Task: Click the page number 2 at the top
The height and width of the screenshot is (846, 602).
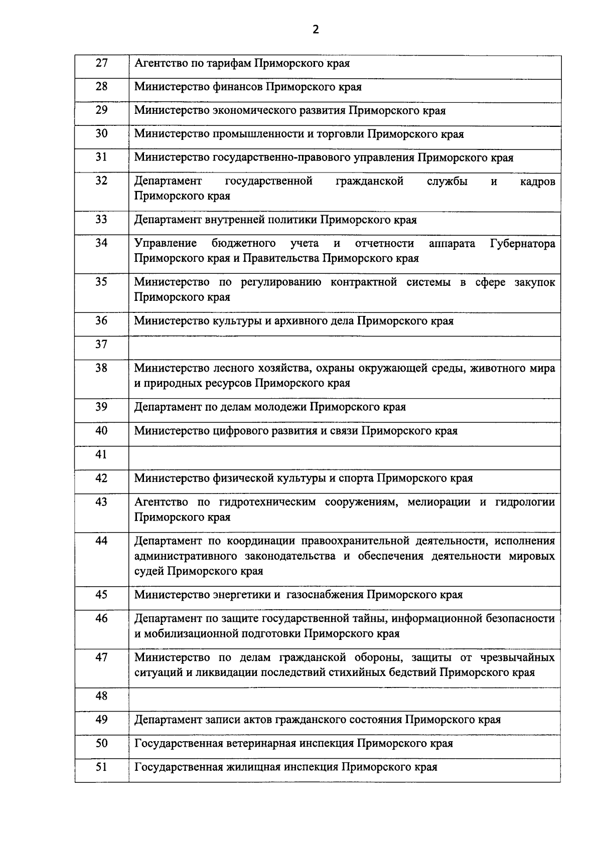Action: pyautogui.click(x=315, y=30)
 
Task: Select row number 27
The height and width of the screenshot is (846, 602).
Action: pyautogui.click(x=101, y=63)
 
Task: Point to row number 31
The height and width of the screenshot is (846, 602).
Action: pyautogui.click(x=101, y=157)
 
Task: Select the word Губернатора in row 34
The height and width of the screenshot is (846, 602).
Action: pyautogui.click(x=522, y=244)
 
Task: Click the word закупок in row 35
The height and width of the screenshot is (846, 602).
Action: pyautogui.click(x=535, y=282)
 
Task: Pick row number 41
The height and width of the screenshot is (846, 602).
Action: pyautogui.click(x=101, y=455)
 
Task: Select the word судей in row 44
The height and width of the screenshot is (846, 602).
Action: pyautogui.click(x=149, y=571)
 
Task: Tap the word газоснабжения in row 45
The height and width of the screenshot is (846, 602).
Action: pyautogui.click(x=325, y=595)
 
